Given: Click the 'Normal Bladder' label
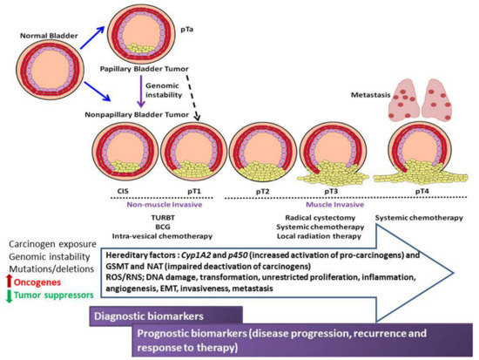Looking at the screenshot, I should [35, 38].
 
